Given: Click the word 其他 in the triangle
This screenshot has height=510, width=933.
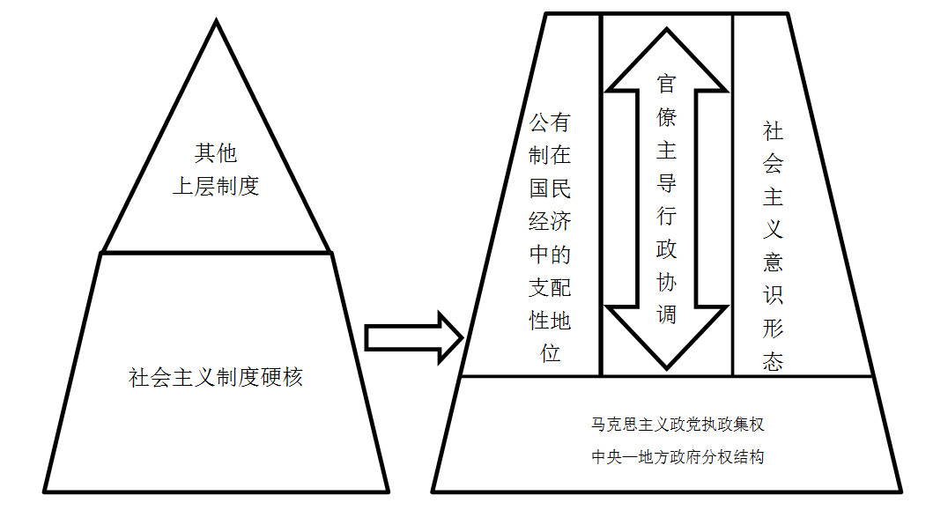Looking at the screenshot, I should click(x=216, y=153).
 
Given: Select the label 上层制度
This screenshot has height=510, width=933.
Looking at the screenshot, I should click(x=216, y=187).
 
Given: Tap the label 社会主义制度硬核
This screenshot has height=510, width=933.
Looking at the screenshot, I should click(x=216, y=378).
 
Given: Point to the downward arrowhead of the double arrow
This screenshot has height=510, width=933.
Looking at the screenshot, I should click(x=667, y=339).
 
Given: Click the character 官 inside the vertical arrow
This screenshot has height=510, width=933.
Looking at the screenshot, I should click(x=667, y=85).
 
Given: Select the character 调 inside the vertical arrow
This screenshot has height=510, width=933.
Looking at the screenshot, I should click(x=667, y=314).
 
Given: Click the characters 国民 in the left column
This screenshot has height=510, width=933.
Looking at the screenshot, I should click(x=550, y=188).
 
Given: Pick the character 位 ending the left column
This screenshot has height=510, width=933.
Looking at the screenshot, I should click(x=550, y=353).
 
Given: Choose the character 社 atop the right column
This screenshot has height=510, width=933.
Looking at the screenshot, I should click(x=774, y=132).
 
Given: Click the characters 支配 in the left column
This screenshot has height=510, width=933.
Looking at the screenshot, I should click(x=550, y=288).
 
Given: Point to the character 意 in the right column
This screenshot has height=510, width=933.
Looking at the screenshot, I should click(x=774, y=262).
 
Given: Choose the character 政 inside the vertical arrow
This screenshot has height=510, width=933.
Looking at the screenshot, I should click(x=667, y=248).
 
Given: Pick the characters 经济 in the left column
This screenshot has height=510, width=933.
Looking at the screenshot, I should click(x=550, y=221).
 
